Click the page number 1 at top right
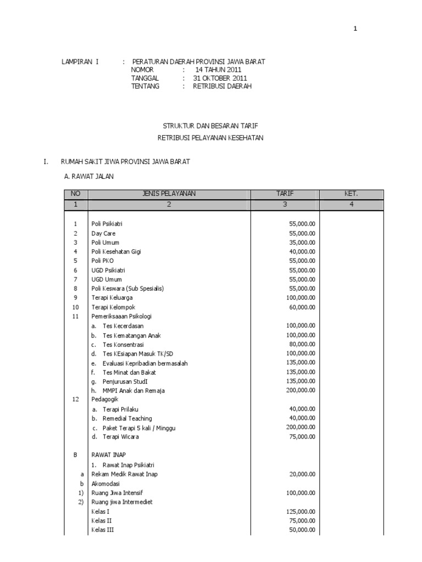[355, 29]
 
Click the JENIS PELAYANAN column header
[169, 194]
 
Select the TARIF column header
[285, 194]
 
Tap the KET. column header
[351, 194]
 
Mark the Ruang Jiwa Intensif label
[117, 493]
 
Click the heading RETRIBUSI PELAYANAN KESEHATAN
[210, 138]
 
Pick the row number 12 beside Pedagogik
[76, 400]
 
